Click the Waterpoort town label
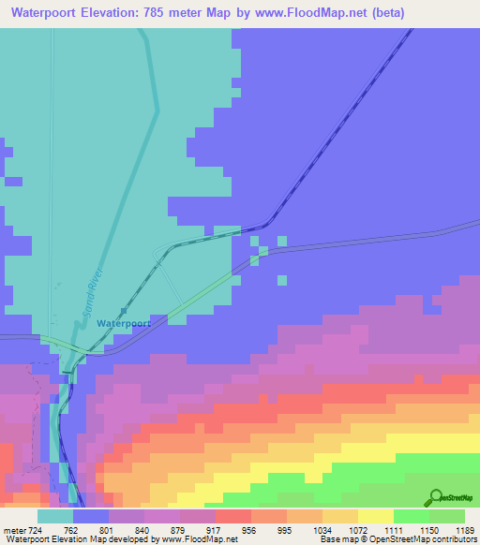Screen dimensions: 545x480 (x=123, y=323)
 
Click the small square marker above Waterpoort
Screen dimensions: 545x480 (x=123, y=312)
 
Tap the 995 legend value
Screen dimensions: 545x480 (x=287, y=529)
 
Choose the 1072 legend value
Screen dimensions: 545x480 (x=358, y=529)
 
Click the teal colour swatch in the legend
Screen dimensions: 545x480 (x=55, y=516)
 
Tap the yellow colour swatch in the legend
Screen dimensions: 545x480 (x=376, y=516)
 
